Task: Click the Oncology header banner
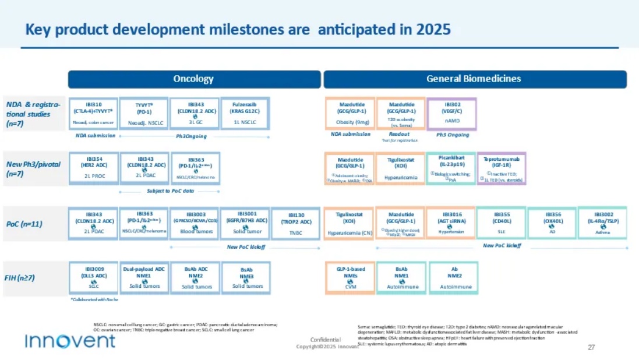point(194,79)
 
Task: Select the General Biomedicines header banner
point(474,79)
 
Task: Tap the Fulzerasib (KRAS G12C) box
point(245,113)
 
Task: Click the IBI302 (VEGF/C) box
point(452,113)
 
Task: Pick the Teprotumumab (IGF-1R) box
point(502,168)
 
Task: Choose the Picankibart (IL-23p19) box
point(450,168)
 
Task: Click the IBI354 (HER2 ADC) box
point(94,168)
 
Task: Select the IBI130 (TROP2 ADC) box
point(296,223)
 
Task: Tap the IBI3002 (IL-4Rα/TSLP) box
point(602,223)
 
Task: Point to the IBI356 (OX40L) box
point(552,223)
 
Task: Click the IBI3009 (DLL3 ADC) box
point(94,278)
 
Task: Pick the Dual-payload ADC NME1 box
point(144,278)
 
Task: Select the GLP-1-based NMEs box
point(350,278)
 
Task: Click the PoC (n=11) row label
point(25,224)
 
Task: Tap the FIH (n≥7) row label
point(21,278)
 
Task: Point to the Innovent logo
point(70,341)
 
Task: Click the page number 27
point(591,347)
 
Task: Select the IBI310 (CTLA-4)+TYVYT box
point(94,113)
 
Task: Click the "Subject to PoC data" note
point(170,190)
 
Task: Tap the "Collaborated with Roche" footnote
point(95,299)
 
